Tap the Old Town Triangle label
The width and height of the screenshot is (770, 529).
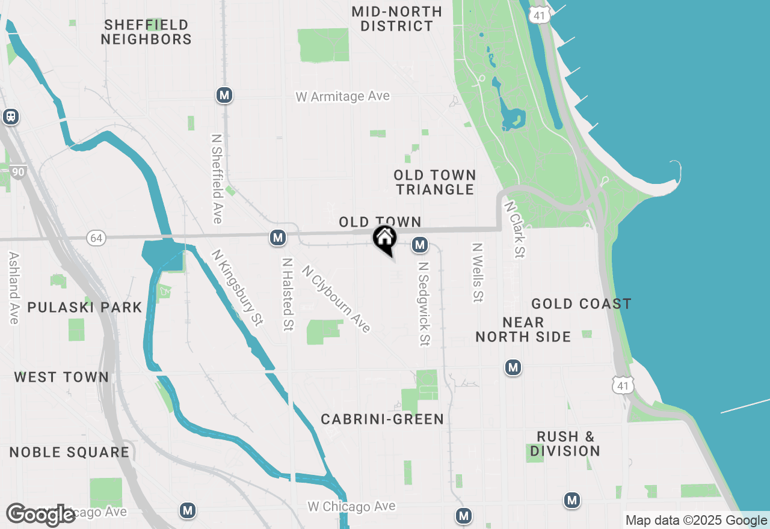coord(435,182)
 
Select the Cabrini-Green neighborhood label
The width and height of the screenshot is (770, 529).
coord(382,419)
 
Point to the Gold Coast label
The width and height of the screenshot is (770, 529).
coord(581,304)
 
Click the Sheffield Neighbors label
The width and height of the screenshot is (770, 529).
coord(146,32)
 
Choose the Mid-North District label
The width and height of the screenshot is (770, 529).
coord(397,19)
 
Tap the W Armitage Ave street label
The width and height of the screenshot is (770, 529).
coord(342,96)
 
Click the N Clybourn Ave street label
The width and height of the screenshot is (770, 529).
coord(336,299)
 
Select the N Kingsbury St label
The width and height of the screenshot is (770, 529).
coord(238,288)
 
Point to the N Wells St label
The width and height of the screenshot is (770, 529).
coord(478,272)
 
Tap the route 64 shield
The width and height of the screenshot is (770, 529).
coord(96,237)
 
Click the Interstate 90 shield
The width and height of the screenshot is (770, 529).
coord(18,172)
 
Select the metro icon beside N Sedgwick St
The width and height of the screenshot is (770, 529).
coord(420,245)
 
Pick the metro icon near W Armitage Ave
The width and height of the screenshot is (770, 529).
coord(224,95)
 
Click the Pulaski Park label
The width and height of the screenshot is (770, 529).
coord(85,307)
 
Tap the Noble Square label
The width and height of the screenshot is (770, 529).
coord(69,452)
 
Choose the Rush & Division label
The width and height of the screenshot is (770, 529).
coord(565,444)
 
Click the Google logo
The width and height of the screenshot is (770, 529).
coord(41,515)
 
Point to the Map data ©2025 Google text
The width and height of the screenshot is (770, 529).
coord(696,521)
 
